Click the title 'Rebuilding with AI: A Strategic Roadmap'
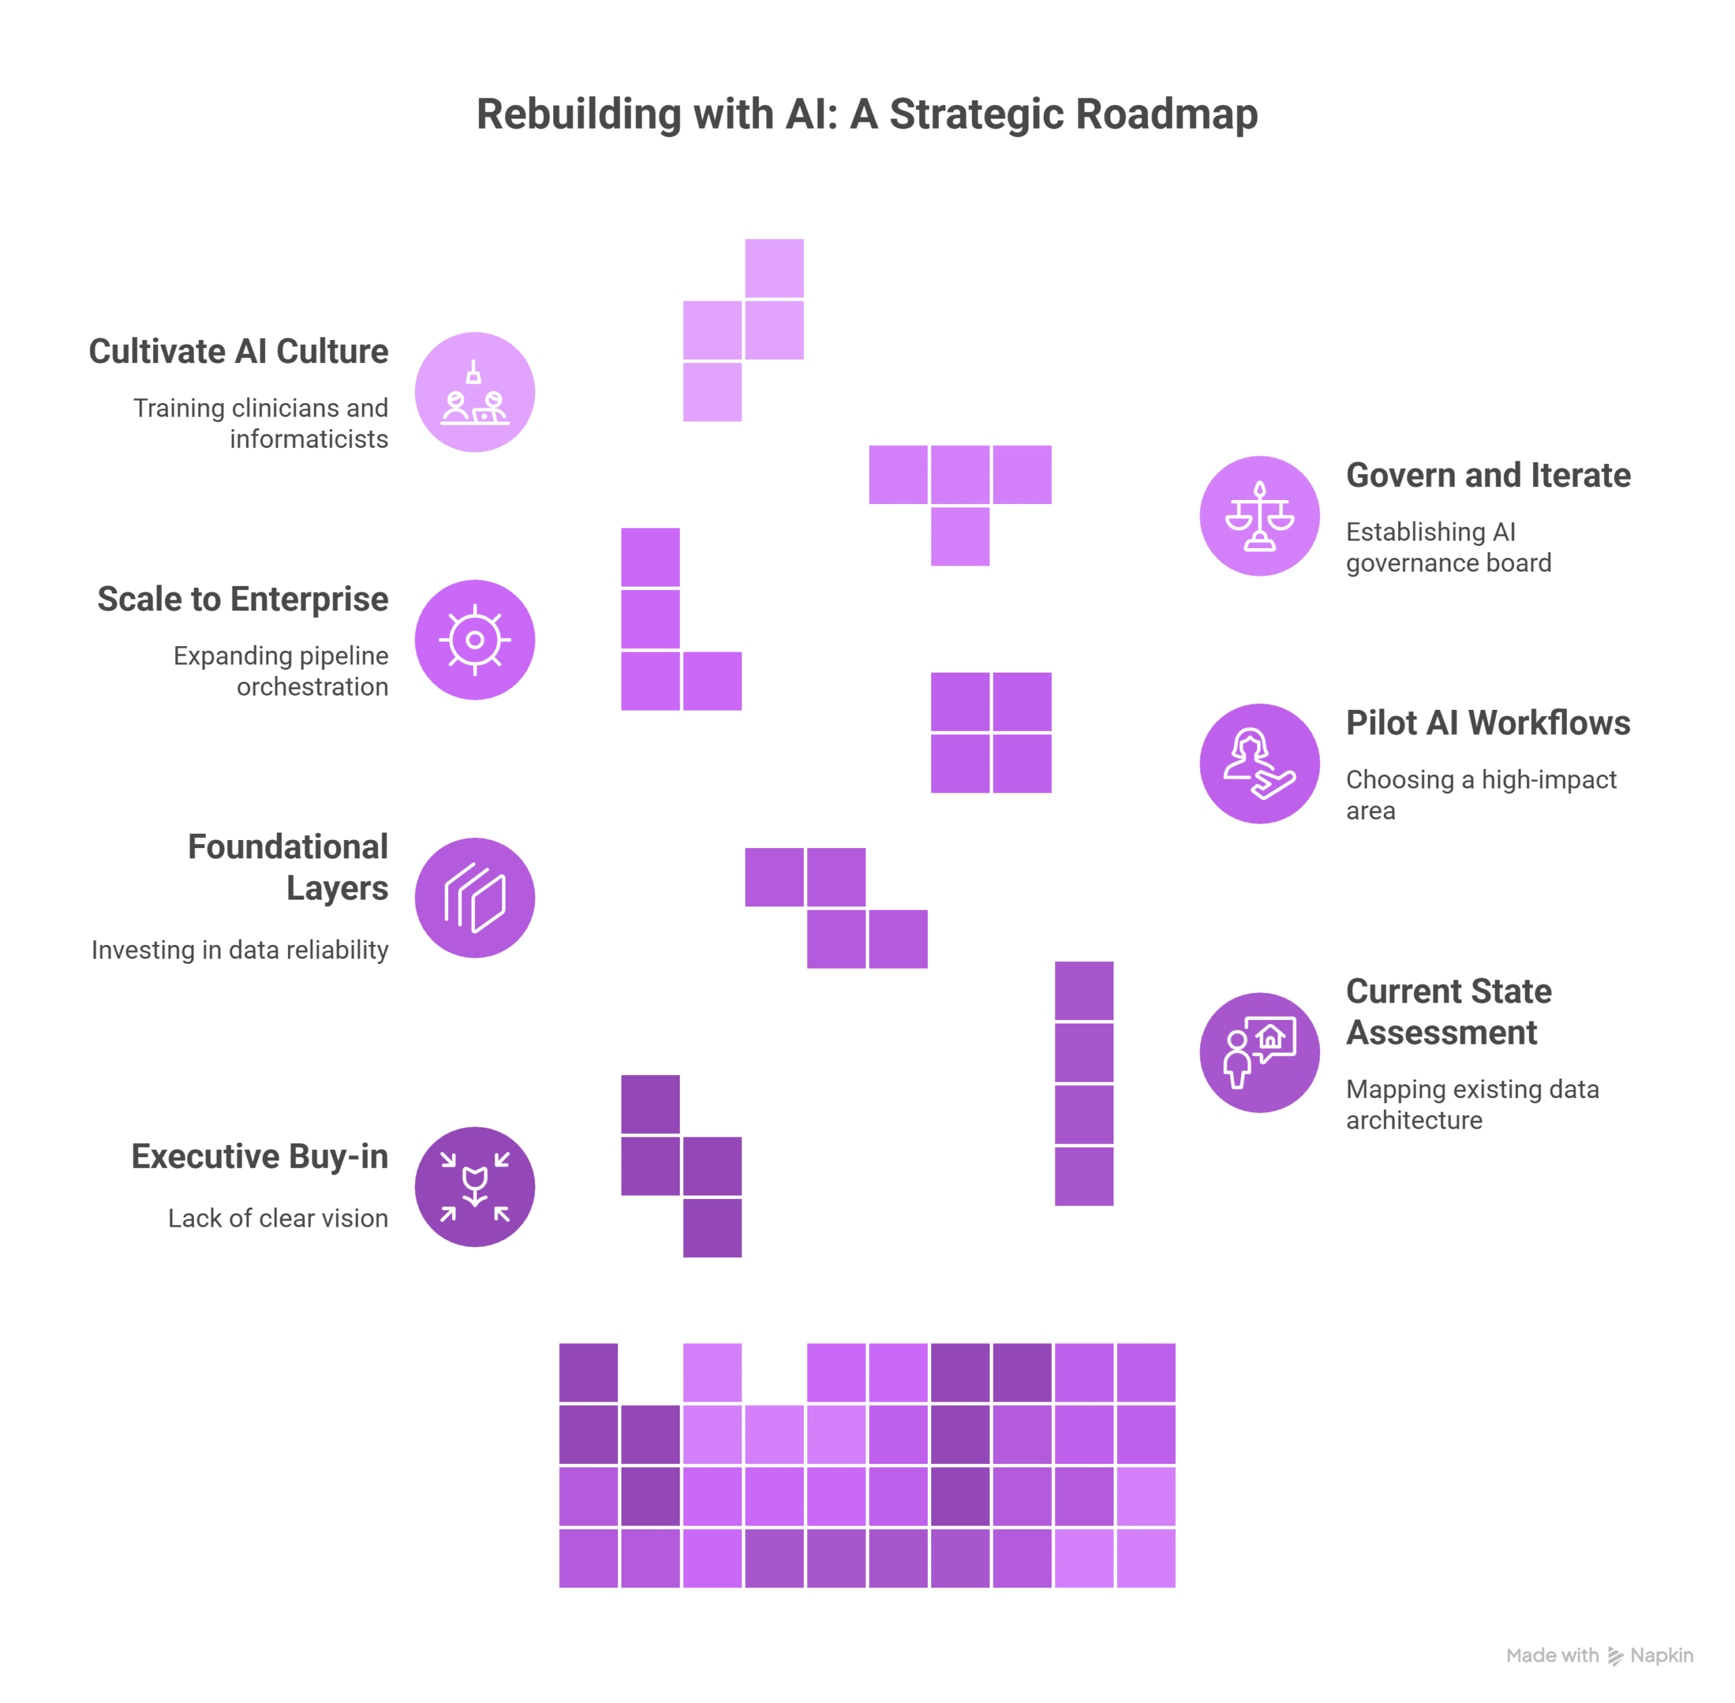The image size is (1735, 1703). [866, 114]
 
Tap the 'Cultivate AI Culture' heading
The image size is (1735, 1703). [238, 352]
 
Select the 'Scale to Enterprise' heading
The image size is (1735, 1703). [243, 600]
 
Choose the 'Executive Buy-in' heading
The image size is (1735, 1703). [260, 1156]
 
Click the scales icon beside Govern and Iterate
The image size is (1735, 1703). [1259, 516]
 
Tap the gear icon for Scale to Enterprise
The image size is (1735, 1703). [474, 639]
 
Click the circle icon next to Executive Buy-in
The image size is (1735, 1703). [474, 1186]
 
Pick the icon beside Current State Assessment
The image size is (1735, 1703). [1259, 1052]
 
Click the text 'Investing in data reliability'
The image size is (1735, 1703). [240, 950]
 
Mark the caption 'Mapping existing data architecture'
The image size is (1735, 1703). [1471, 1105]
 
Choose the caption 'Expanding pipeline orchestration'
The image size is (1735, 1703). [281, 671]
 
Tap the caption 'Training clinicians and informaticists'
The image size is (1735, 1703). [262, 423]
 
